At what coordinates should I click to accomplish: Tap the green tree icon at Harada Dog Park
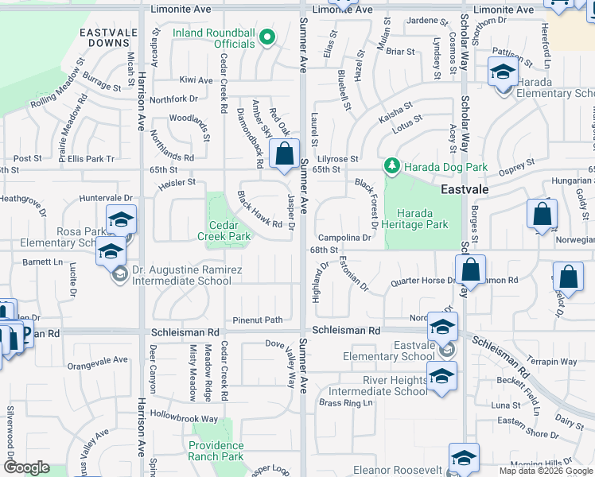tap(391, 166)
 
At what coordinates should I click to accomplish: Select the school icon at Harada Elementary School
tap(502, 72)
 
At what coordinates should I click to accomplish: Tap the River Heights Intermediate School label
tap(378, 386)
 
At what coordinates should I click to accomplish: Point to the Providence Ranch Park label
tap(216, 451)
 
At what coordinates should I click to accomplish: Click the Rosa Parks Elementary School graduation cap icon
tap(121, 220)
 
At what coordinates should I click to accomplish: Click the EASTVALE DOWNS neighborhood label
tap(104, 37)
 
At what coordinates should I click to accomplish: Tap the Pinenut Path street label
tap(257, 320)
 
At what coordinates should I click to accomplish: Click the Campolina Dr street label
tap(344, 238)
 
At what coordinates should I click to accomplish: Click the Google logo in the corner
tap(26, 467)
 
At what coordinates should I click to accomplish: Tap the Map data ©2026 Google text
tap(545, 471)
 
